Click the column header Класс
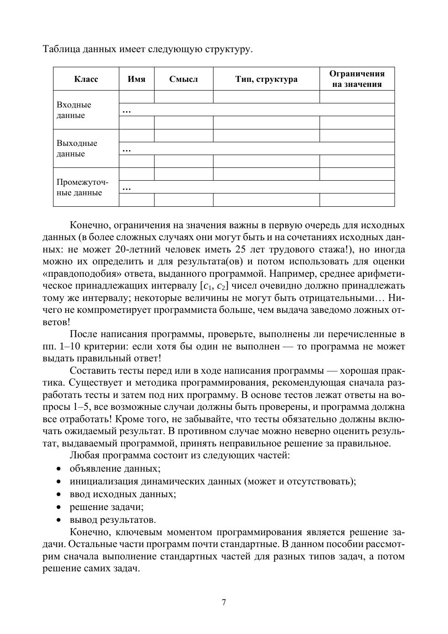(x=86, y=79)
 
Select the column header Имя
(x=136, y=79)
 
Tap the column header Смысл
(x=183, y=79)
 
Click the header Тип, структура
(x=266, y=79)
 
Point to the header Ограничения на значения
(x=357, y=79)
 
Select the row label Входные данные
(x=74, y=110)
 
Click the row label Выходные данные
(x=77, y=149)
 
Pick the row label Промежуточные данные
(x=82, y=187)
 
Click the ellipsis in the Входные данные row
(x=127, y=110)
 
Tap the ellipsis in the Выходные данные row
(x=127, y=149)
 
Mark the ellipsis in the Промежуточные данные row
(x=127, y=187)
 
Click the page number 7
(x=224, y=602)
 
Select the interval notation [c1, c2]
(x=214, y=286)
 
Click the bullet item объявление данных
(x=115, y=468)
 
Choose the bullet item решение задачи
(x=107, y=507)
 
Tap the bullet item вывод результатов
(x=112, y=520)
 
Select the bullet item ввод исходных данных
(x=123, y=494)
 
